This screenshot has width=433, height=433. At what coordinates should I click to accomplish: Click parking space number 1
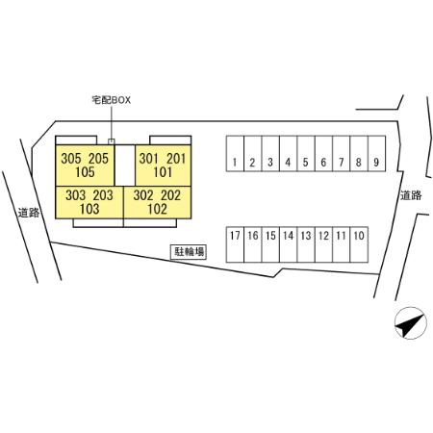235,154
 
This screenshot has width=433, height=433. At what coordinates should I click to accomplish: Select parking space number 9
376,154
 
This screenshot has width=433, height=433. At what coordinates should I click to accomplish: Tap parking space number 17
235,244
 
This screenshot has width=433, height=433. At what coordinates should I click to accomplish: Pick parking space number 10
359,244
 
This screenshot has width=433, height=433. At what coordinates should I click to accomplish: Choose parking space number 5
306,154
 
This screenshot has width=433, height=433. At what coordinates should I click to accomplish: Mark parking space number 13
306,244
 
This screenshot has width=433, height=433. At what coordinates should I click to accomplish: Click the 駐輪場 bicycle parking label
189,252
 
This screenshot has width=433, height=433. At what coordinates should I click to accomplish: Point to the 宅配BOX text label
112,100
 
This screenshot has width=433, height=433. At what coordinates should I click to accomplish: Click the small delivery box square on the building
112,141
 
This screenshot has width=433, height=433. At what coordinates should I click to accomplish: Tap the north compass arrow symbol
411,323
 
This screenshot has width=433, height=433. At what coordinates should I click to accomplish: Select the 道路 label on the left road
28,213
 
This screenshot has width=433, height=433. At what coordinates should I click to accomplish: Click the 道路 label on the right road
411,195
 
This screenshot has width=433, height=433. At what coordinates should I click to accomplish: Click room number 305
71,159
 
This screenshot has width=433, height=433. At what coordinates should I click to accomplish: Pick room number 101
163,172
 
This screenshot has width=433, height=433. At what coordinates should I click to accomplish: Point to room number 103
89,209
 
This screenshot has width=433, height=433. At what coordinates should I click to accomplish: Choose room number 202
170,195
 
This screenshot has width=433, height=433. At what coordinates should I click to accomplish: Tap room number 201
176,159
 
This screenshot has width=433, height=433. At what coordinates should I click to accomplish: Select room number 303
76,195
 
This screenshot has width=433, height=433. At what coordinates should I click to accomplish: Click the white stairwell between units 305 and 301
125,166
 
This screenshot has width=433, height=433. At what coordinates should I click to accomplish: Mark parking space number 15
270,244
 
